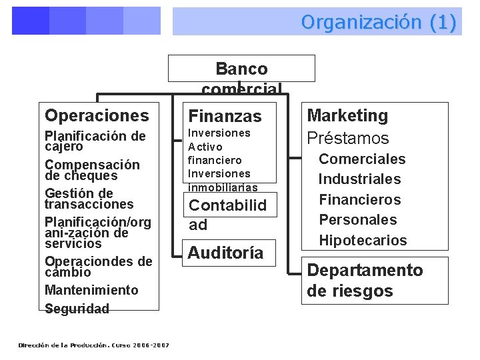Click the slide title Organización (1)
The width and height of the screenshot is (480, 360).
click(379, 22)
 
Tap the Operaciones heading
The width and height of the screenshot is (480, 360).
click(97, 115)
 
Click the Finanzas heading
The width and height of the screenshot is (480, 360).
click(225, 116)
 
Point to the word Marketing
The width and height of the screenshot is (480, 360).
click(347, 115)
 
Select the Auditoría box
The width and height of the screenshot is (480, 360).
click(225, 253)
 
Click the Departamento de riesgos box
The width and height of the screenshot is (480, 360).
click(365, 281)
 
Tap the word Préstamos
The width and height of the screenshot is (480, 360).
click(347, 138)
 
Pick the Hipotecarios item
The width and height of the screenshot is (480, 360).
click(363, 240)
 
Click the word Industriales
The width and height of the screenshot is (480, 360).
click(359, 179)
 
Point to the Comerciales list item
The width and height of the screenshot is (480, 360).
click(362, 159)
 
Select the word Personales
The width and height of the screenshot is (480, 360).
click(357, 219)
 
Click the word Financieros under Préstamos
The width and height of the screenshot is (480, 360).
click(360, 199)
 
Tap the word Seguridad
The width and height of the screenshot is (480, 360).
click(77, 309)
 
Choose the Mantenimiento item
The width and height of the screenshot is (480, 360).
click(91, 290)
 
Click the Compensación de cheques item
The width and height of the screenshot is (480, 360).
click(92, 170)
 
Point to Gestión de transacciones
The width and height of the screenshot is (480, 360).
click(89, 199)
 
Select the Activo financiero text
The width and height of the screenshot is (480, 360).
click(215, 153)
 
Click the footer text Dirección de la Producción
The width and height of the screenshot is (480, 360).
click(93, 345)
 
